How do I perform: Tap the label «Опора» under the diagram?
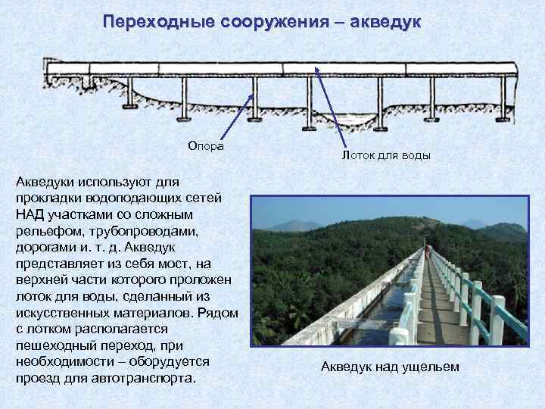206,145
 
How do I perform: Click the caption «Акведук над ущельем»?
390,367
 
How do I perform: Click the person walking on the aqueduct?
428,251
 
